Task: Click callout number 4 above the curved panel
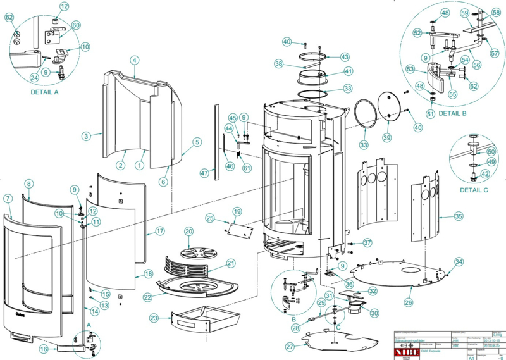tap(134, 61)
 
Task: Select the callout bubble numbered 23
tap(154, 318)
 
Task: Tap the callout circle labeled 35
tap(459, 216)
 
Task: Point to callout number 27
tap(290, 347)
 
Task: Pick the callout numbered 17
tap(160, 231)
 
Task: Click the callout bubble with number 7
tap(8, 199)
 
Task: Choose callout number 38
tap(278, 64)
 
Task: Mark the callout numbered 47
tap(204, 172)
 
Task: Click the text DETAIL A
tap(44, 92)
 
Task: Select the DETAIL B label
tap(452, 113)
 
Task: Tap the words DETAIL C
tap(475, 190)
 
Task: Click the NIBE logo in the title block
tap(403, 349)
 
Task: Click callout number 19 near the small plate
tap(237, 211)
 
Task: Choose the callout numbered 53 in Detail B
tap(410, 70)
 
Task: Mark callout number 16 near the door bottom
tap(44, 349)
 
